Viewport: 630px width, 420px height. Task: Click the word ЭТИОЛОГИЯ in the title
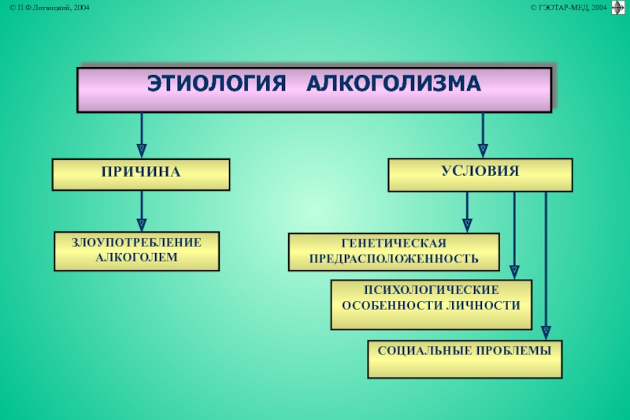214,84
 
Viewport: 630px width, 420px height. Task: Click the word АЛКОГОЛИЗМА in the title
393,84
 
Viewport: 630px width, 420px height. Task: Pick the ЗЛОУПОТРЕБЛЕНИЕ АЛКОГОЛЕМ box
136,251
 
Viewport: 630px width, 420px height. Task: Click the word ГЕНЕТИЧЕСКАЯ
394,243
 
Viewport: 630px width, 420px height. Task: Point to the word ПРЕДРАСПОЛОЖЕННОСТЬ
394,258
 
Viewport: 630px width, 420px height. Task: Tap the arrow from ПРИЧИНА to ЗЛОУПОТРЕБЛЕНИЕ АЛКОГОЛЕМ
142,211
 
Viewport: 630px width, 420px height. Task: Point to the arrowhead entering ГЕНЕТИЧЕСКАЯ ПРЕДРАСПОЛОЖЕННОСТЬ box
467,225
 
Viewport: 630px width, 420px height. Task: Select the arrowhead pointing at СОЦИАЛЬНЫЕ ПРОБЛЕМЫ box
547,332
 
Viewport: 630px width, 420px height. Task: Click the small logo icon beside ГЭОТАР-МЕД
617,8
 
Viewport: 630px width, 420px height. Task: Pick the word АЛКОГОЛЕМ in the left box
136,258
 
